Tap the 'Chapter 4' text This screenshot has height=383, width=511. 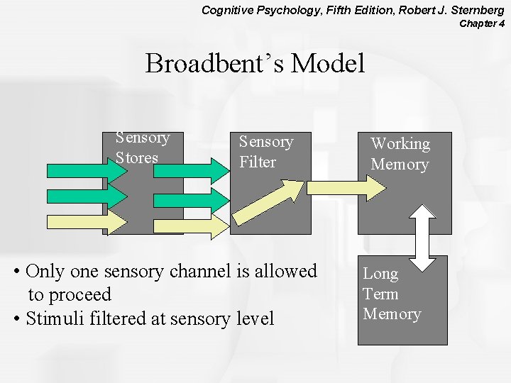[482, 23]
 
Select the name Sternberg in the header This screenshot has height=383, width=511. [474, 10]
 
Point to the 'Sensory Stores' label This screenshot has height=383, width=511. [143, 148]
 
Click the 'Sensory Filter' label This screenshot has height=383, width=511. [265, 152]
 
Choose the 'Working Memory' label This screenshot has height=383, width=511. [400, 154]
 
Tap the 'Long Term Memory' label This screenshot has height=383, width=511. [392, 294]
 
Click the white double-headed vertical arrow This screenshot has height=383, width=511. [424, 238]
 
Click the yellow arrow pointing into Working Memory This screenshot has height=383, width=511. [347, 187]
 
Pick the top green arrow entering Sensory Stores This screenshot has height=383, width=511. [77, 171]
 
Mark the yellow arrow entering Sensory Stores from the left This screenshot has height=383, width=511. [77, 222]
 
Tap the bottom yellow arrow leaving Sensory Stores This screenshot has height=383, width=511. [190, 223]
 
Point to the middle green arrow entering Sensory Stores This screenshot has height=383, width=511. [77, 196]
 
